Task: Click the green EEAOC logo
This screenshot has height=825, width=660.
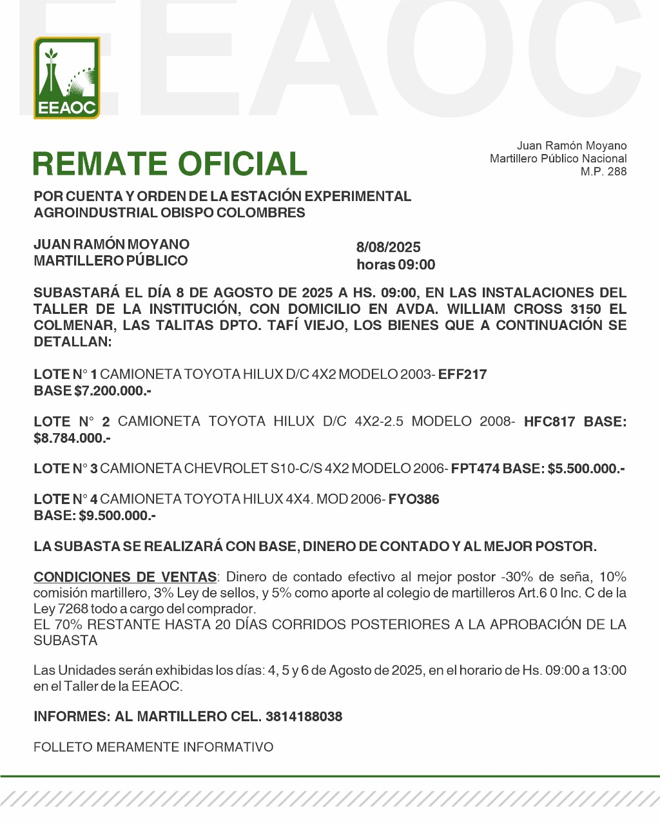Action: (x=67, y=78)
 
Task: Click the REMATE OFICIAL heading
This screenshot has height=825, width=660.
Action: (x=170, y=164)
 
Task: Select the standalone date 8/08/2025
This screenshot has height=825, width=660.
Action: (x=388, y=247)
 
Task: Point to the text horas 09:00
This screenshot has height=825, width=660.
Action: (x=396, y=265)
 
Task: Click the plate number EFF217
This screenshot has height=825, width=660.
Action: (x=463, y=374)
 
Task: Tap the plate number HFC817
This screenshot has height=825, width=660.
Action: (x=549, y=422)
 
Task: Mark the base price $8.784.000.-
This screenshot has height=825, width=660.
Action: (x=72, y=438)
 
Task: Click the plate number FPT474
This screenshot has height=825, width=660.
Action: (x=476, y=469)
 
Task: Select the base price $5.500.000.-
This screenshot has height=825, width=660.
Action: (x=586, y=469)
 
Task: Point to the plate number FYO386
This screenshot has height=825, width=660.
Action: (x=414, y=500)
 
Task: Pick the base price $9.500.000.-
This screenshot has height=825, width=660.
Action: (x=117, y=516)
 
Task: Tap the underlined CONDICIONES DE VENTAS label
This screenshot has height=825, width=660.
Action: (x=125, y=577)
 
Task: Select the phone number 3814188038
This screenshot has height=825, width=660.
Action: (x=304, y=716)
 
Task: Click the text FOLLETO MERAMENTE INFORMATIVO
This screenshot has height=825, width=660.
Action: (x=153, y=747)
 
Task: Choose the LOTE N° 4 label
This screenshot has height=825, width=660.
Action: (x=66, y=500)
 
